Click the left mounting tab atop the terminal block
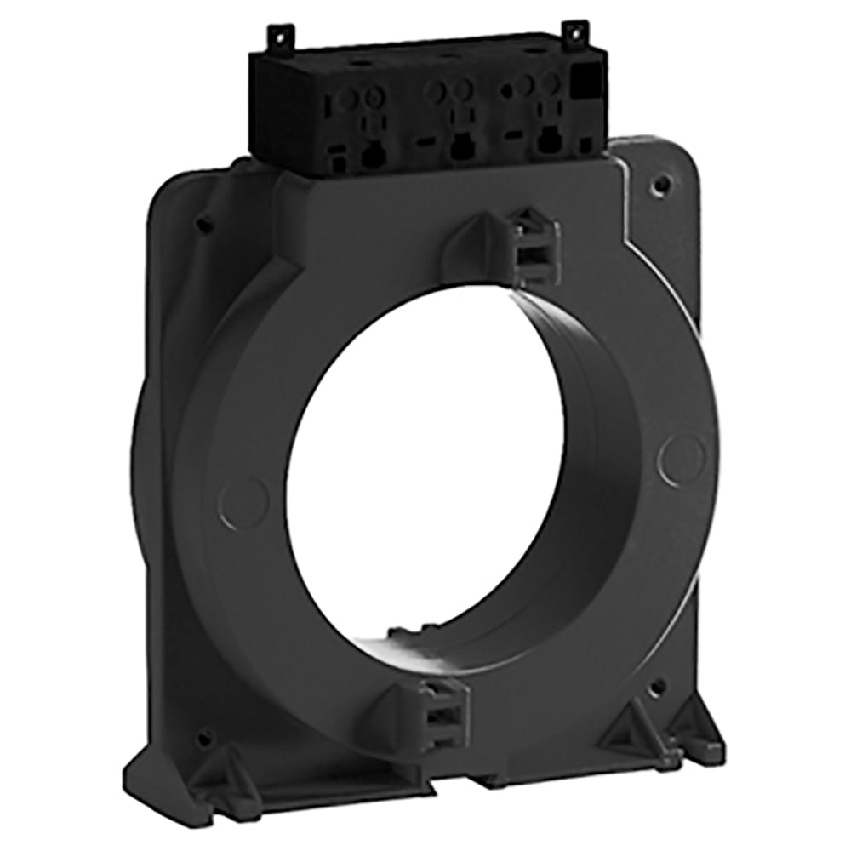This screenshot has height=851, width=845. click(x=280, y=37)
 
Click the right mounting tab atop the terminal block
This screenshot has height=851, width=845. click(x=576, y=33)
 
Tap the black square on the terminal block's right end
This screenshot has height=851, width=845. click(x=585, y=83)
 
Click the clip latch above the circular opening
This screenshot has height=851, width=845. click(x=532, y=247)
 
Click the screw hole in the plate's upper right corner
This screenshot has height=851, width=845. click(x=659, y=183)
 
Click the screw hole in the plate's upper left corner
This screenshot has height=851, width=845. click(x=204, y=225)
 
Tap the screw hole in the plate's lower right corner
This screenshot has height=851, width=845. click(x=657, y=686)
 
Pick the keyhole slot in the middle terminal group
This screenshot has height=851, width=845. click(x=461, y=146)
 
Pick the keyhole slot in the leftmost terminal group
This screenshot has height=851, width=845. click(x=371, y=154)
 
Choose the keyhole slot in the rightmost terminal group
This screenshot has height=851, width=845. click(x=550, y=140)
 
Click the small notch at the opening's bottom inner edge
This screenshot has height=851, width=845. click(x=400, y=634)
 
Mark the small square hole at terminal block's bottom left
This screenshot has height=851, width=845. click(x=338, y=164)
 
